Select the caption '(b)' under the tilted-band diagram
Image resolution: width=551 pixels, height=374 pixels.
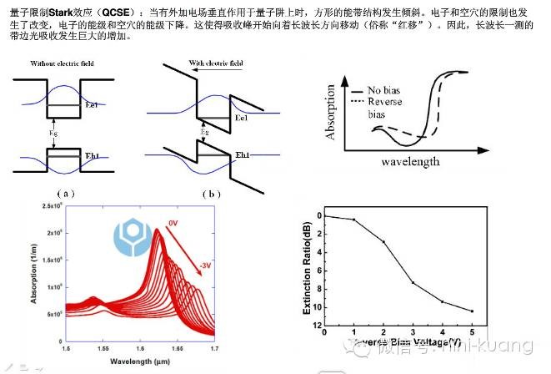(214, 193)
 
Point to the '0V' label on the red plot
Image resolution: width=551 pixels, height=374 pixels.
(173, 223)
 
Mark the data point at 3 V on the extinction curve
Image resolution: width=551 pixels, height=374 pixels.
(413, 282)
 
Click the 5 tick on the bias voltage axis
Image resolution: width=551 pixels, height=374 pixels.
(471, 332)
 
